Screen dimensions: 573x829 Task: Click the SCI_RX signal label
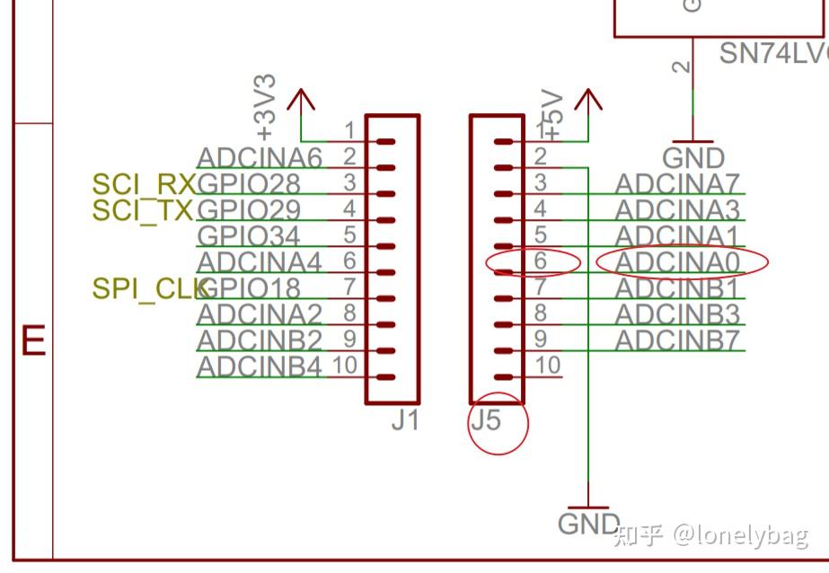(144, 185)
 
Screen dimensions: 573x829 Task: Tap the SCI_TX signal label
(143, 211)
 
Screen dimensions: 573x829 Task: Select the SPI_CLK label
(149, 289)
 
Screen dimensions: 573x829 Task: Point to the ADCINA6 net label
(260, 159)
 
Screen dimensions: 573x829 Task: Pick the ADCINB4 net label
(260, 367)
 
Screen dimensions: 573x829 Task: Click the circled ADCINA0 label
(678, 262)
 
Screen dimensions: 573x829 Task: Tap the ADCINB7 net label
(678, 341)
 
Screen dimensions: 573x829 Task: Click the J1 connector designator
(405, 419)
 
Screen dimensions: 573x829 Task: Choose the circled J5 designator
(486, 419)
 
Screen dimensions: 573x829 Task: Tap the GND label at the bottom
(589, 525)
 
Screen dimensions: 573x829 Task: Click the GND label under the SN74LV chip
(693, 159)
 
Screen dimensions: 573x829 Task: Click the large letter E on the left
(33, 343)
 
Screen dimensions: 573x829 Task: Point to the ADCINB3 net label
(678, 315)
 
